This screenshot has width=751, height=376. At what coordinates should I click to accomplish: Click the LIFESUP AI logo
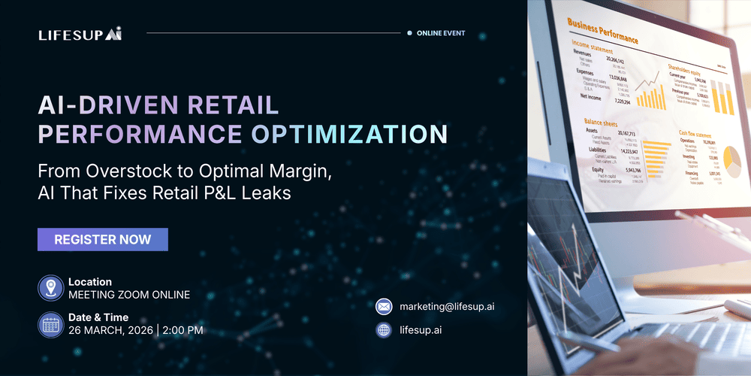80,34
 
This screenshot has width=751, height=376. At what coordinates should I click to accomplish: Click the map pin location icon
50,288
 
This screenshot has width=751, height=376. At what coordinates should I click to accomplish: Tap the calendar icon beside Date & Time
50,323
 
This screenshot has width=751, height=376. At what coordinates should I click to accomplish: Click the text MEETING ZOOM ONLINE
128,295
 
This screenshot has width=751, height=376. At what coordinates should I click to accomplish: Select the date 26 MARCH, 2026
110,330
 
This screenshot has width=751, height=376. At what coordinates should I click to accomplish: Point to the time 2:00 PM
182,330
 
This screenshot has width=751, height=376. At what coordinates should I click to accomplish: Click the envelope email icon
385,307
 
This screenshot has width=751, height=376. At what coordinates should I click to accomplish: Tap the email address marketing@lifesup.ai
447,307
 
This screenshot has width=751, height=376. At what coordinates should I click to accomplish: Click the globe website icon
385,329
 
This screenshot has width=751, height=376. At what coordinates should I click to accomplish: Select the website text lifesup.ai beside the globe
421,329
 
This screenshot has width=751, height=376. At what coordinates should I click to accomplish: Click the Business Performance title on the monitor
603,31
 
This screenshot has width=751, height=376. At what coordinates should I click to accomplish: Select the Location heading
90,282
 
